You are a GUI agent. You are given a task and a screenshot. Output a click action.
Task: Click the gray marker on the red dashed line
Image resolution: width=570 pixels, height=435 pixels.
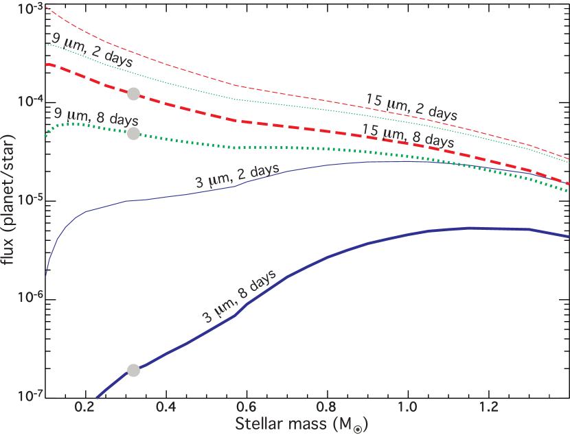(133, 94)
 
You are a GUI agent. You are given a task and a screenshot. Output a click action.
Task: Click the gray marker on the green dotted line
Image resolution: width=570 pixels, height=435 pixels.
(133, 133)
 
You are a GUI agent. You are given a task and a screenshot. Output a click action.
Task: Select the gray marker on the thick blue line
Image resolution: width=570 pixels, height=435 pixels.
(133, 371)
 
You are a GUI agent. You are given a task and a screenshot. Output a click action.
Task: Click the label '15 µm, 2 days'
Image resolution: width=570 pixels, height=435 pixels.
(411, 106)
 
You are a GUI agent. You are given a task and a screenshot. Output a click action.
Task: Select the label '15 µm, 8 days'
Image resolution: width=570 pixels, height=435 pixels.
(408, 135)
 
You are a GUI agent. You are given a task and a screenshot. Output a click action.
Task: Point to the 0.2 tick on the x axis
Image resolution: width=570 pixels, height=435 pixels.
(85, 407)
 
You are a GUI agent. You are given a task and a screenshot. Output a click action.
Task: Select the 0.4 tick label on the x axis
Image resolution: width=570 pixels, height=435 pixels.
(166, 407)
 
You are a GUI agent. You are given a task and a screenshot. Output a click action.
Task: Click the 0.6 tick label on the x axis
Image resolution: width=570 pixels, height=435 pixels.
(247, 407)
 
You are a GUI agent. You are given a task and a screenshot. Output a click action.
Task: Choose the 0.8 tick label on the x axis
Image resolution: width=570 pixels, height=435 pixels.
(327, 407)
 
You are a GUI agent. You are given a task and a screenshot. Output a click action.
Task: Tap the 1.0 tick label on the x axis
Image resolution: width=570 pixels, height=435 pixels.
(408, 407)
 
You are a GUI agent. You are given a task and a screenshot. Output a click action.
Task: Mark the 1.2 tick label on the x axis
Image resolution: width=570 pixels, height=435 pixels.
(489, 407)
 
